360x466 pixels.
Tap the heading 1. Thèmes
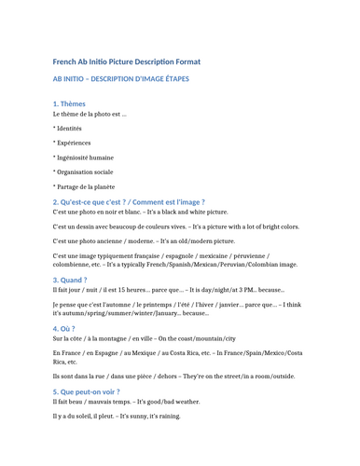click(69, 103)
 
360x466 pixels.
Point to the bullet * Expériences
click(72, 143)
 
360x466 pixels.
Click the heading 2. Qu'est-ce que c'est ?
click(129, 201)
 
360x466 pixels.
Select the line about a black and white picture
click(141, 212)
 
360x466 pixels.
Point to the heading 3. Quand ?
click(70, 280)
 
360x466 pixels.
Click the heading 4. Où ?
click(65, 328)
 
